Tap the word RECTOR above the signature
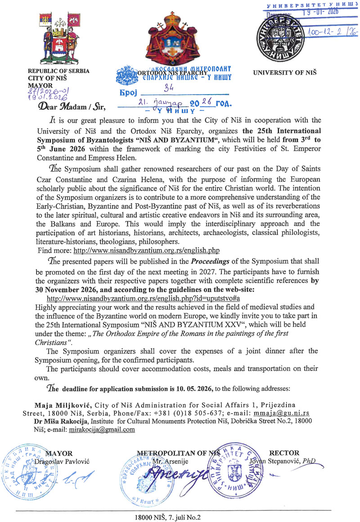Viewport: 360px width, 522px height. coord(283,453)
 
